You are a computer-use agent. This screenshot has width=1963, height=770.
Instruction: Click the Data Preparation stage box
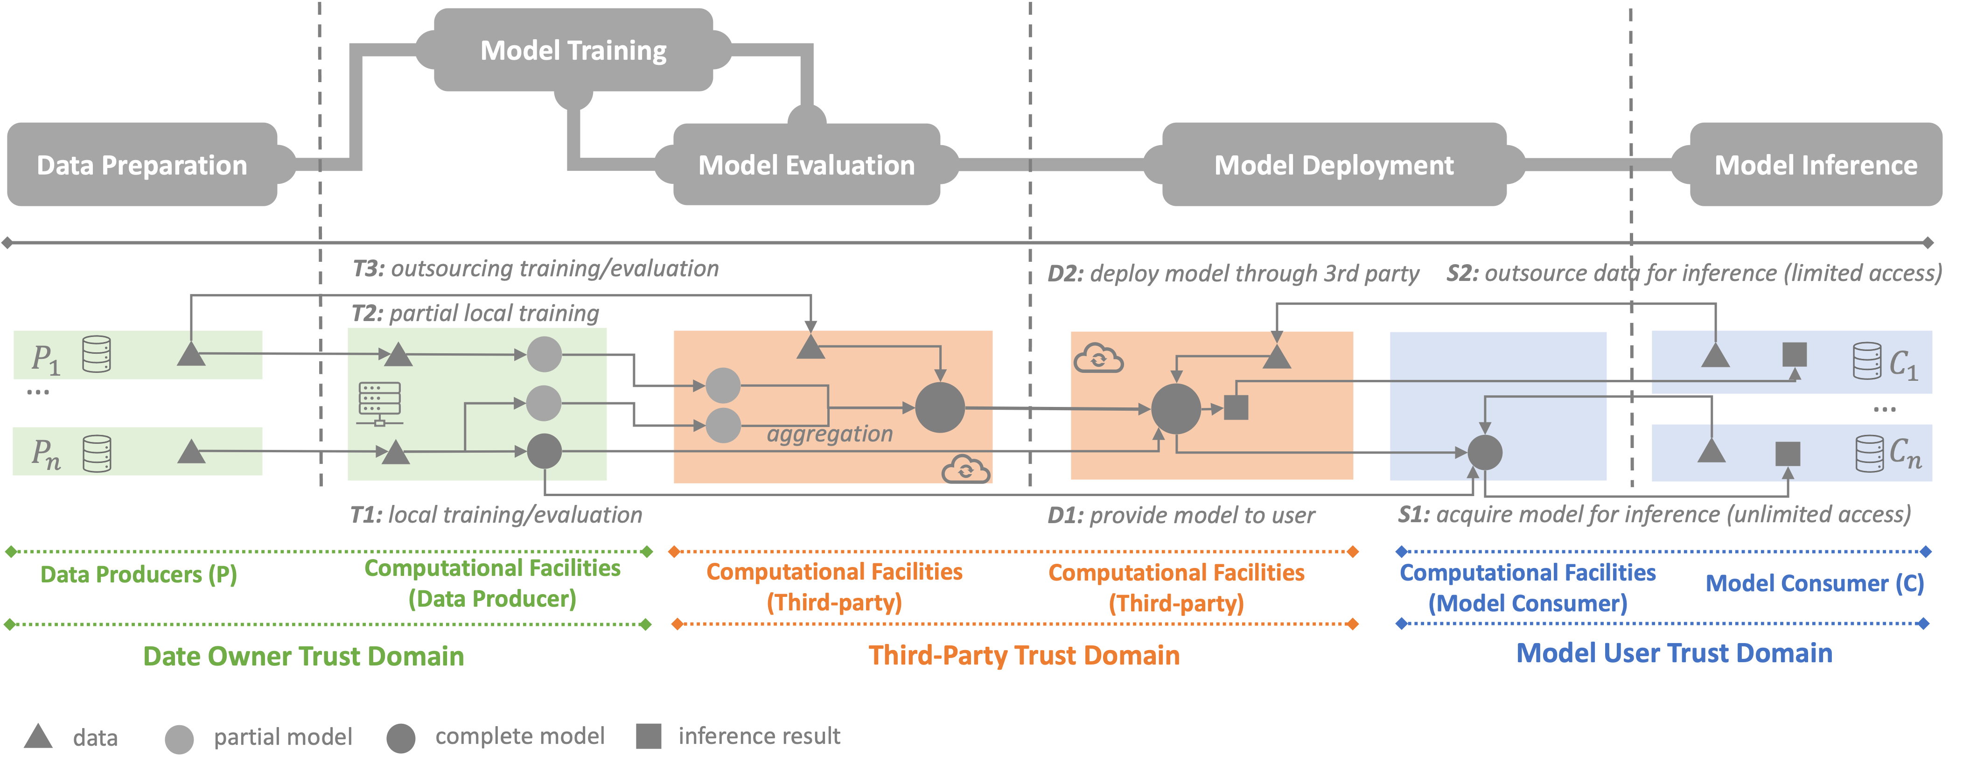pos(142,165)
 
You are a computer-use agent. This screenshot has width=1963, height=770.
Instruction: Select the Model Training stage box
pos(573,50)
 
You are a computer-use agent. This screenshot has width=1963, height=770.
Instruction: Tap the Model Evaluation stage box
pos(806,165)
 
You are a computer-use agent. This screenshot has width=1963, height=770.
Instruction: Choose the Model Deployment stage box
pos(1334,165)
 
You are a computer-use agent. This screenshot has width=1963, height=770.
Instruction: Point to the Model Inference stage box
pos(1815,165)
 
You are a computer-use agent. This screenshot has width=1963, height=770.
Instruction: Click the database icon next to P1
pos(97,355)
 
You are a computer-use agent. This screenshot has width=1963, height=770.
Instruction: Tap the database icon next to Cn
pos(1868,454)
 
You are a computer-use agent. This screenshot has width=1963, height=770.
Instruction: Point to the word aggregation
pos(829,434)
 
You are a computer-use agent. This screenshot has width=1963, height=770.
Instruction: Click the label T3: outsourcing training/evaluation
pos(535,268)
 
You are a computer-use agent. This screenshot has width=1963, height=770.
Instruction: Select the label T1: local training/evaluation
pos(496,515)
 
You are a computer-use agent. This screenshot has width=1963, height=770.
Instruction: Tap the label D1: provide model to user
pos(1181,515)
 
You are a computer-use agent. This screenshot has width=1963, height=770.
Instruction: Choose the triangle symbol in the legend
pos(38,736)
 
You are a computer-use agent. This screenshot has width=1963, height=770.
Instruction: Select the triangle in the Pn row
pos(191,452)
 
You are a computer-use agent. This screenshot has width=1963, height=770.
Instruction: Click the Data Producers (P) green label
pos(139,574)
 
